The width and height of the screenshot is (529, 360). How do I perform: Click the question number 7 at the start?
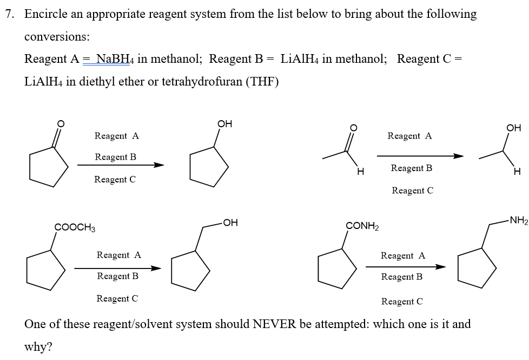(x=9, y=14)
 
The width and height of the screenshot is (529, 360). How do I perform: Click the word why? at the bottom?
(x=38, y=347)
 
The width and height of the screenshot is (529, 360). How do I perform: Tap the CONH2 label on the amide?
(x=362, y=226)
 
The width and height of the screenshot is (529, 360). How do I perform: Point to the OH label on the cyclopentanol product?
(x=224, y=124)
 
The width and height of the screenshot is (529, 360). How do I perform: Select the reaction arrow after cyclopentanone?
(x=120, y=165)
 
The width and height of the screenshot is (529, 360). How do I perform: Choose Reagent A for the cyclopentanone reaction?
(x=116, y=136)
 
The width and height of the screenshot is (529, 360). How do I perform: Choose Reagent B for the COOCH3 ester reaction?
(x=117, y=276)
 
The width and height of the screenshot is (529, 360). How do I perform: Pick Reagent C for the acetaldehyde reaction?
(x=412, y=191)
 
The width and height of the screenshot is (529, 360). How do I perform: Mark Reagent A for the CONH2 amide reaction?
(x=403, y=256)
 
